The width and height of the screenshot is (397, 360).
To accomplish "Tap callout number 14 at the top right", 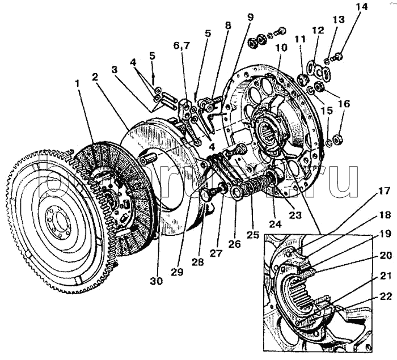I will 361,7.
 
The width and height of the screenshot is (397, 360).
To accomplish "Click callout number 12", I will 318,30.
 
